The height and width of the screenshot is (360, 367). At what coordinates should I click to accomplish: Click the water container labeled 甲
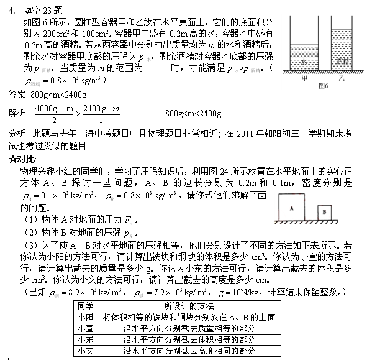304,59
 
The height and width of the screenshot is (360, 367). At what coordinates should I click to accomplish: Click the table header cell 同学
86,306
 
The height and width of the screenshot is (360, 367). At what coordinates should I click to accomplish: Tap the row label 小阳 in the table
86,317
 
